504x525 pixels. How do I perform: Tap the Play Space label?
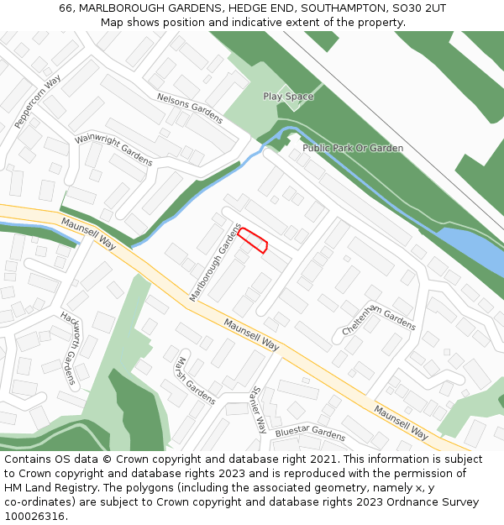point(288,97)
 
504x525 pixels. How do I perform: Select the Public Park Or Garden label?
point(353,148)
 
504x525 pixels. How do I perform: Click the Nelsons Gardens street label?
point(190,108)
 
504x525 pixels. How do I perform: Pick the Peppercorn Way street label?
point(39,102)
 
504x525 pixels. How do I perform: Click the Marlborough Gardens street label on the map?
point(215,262)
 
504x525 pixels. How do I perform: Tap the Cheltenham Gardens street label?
point(379,319)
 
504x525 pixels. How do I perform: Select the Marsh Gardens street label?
point(194,380)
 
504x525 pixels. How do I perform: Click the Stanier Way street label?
point(258,409)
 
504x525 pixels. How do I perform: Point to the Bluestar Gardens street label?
point(310,433)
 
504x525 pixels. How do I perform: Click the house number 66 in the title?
point(66,8)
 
